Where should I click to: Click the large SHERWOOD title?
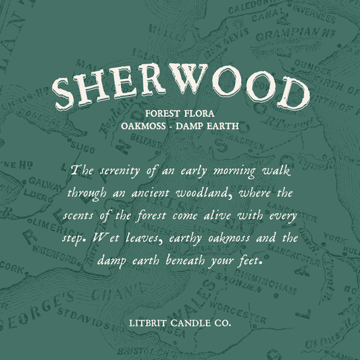(x=180, y=91)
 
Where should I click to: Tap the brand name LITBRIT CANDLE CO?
(x=180, y=324)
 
